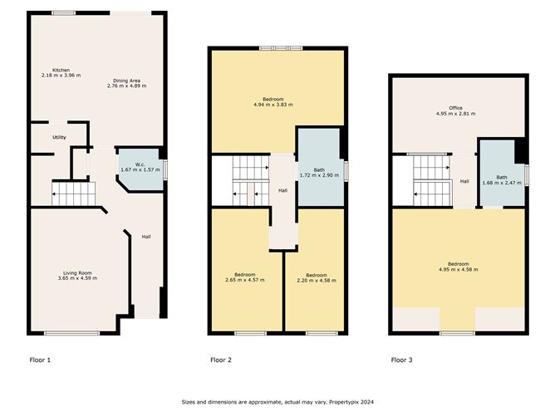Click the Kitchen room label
61,70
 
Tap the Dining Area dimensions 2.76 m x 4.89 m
127,86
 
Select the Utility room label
59,137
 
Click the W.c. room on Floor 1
140,170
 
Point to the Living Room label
77,272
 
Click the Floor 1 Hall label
146,237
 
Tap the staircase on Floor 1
74,193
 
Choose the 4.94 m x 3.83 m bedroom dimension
273,105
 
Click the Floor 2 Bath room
319,167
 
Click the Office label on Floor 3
455,108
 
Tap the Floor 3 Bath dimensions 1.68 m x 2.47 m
502,183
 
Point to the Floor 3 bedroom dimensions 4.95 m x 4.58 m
459,270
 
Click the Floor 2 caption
221,360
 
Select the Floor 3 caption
402,360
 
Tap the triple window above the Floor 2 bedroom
281,48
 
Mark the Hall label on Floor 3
464,182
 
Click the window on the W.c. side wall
165,170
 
